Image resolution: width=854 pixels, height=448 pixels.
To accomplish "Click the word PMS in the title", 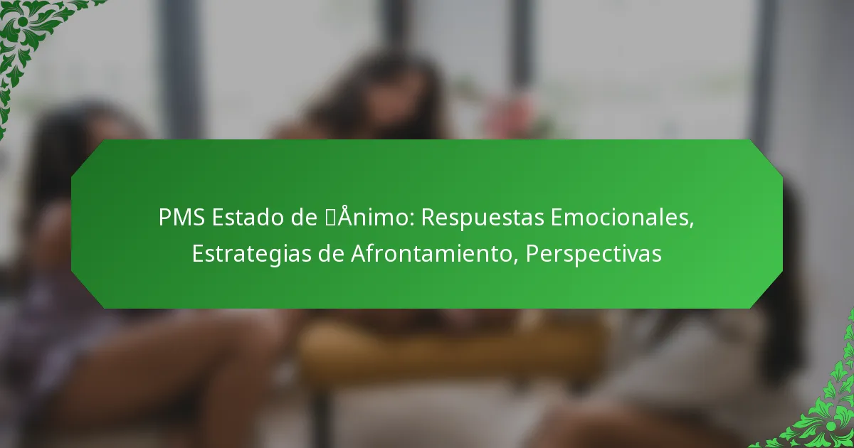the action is pyautogui.click(x=181, y=217).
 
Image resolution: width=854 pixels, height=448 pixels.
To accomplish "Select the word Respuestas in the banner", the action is pyautogui.click(x=483, y=218).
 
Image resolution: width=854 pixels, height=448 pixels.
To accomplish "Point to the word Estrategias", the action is pyautogui.click(x=251, y=255).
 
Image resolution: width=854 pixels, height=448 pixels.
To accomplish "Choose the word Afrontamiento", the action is pyautogui.click(x=432, y=253).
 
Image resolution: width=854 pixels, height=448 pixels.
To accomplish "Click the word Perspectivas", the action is pyautogui.click(x=594, y=255).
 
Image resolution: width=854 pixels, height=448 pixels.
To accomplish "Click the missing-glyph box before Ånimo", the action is pyautogui.click(x=330, y=217).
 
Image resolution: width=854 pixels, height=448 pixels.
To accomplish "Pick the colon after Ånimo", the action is pyautogui.click(x=413, y=220).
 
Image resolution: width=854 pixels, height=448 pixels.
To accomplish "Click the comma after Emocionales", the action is pyautogui.click(x=692, y=225).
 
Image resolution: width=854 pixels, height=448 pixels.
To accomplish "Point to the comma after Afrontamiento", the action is pyautogui.click(x=516, y=262).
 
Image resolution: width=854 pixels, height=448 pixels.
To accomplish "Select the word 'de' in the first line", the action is pyautogui.click(x=304, y=217).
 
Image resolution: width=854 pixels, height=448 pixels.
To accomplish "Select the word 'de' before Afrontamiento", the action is pyautogui.click(x=331, y=253).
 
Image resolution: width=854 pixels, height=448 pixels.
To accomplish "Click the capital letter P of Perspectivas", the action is pyautogui.click(x=532, y=253).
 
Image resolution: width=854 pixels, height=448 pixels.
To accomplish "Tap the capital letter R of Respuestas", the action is pyautogui.click(x=428, y=217).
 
